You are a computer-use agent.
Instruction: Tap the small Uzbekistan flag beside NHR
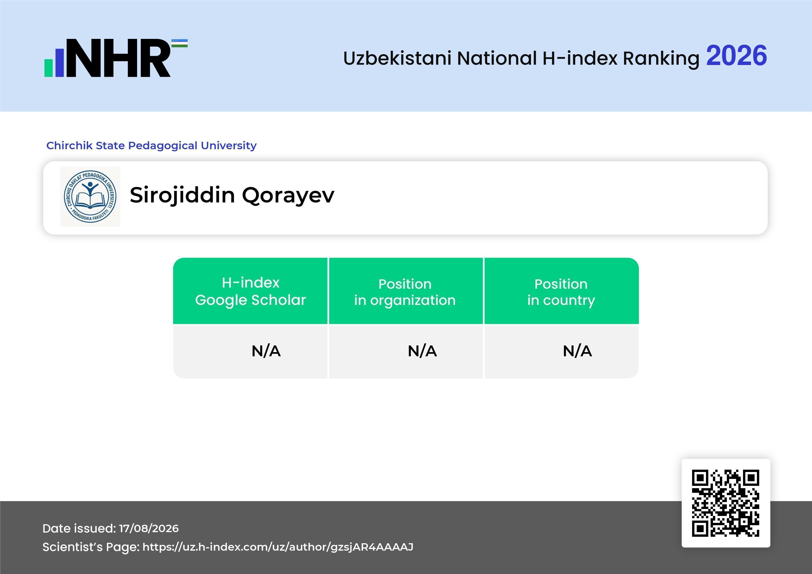point(180,43)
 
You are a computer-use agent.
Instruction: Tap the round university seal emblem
point(90,196)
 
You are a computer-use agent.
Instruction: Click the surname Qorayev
point(288,196)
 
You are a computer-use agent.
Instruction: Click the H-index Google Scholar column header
point(250,291)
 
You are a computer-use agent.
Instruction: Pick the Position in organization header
point(405,292)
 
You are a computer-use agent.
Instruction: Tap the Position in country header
point(561,292)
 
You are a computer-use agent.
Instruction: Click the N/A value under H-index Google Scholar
point(266,351)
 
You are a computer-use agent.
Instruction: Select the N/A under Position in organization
point(422,351)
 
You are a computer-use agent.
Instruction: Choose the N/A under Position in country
point(577,351)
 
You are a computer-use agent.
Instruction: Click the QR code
point(726,503)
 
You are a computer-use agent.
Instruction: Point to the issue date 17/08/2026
point(149,528)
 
